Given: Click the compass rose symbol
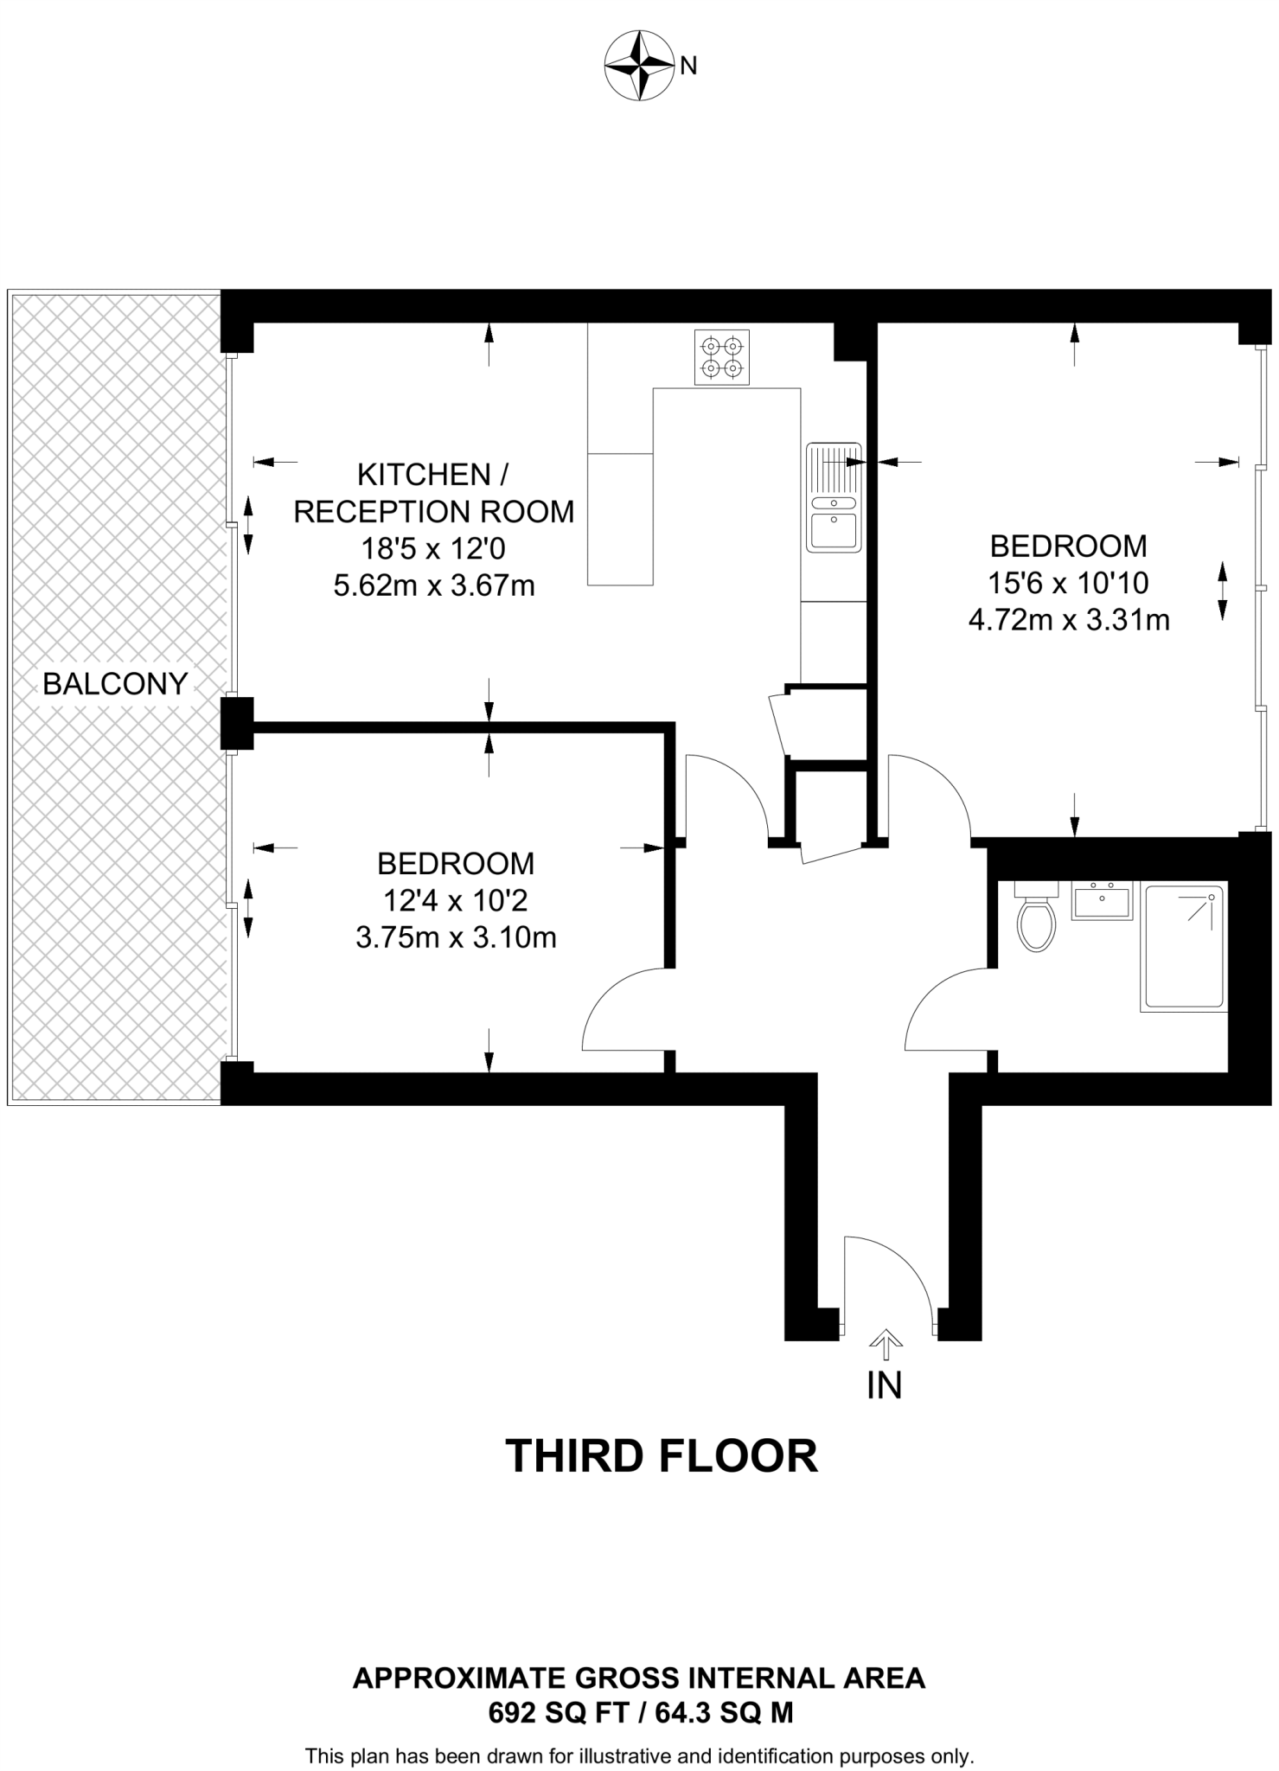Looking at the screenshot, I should pyautogui.click(x=638, y=66).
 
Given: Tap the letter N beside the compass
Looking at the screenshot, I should pyautogui.click(x=688, y=66).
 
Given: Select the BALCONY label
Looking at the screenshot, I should pyautogui.click(x=115, y=684).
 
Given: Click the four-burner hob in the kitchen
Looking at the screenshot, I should pyautogui.click(x=722, y=357).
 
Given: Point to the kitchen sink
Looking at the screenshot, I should pyautogui.click(x=834, y=497).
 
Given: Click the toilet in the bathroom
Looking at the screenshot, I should pyautogui.click(x=1036, y=920).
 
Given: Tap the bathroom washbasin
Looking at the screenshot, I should pyautogui.click(x=1102, y=900).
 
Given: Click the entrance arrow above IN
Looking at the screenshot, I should pyautogui.click(x=886, y=1341).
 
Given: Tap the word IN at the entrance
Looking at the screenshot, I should pyautogui.click(x=884, y=1385).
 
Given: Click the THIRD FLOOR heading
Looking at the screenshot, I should pyautogui.click(x=661, y=1456).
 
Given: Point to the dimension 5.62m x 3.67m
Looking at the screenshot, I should pyautogui.click(x=434, y=586).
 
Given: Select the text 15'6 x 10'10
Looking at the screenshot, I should pyautogui.click(x=1068, y=583).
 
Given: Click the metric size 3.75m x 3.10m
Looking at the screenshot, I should pyautogui.click(x=456, y=937).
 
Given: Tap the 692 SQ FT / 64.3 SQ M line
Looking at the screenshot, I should pyautogui.click(x=640, y=1713).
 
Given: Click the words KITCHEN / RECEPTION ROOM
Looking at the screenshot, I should pyautogui.click(x=434, y=493).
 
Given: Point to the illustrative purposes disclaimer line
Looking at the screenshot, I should pyautogui.click(x=639, y=1756).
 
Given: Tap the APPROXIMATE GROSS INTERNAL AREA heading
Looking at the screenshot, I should pyautogui.click(x=639, y=1678).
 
